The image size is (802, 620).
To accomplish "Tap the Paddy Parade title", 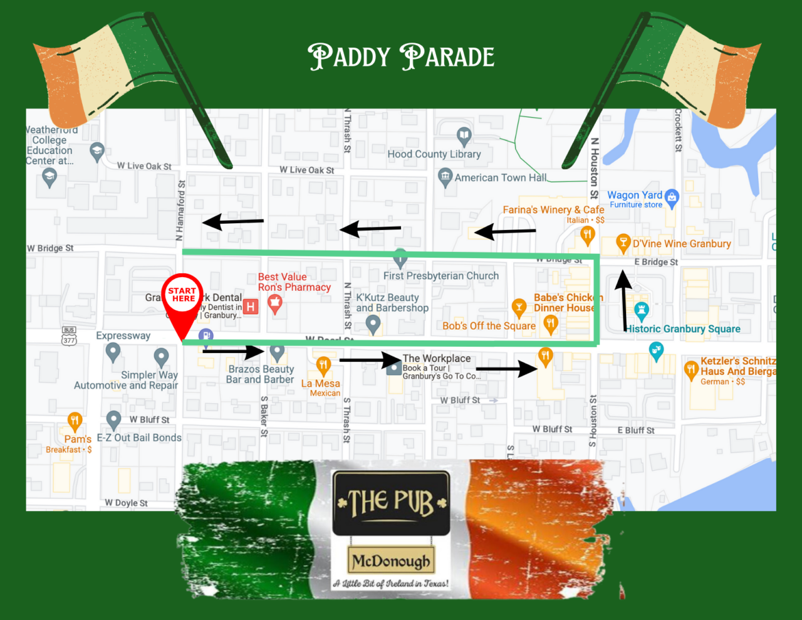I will click(401, 57).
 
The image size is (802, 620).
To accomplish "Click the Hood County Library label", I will click(434, 154).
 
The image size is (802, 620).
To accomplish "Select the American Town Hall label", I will click(500, 178).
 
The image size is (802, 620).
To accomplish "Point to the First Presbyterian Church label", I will click(441, 276).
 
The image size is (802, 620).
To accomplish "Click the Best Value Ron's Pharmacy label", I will click(294, 282).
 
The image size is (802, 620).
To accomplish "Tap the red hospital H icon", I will click(251, 307).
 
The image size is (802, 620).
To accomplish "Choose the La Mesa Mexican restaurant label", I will click(321, 387).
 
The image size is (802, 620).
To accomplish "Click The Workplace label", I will click(437, 359).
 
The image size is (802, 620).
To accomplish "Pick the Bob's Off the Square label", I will click(489, 326).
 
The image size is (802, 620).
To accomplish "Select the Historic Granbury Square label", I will click(684, 329).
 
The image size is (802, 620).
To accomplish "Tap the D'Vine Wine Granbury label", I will click(682, 244).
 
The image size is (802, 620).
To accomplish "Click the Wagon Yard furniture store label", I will click(635, 199).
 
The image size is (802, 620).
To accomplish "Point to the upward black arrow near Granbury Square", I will click(623, 300).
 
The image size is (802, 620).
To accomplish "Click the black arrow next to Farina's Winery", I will click(505, 232).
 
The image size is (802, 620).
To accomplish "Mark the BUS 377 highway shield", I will click(69, 336).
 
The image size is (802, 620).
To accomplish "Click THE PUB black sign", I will click(391, 503).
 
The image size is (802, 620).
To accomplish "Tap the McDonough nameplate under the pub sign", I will click(391, 560).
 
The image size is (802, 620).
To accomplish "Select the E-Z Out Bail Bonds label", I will click(139, 438).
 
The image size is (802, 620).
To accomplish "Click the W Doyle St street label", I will click(126, 503).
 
